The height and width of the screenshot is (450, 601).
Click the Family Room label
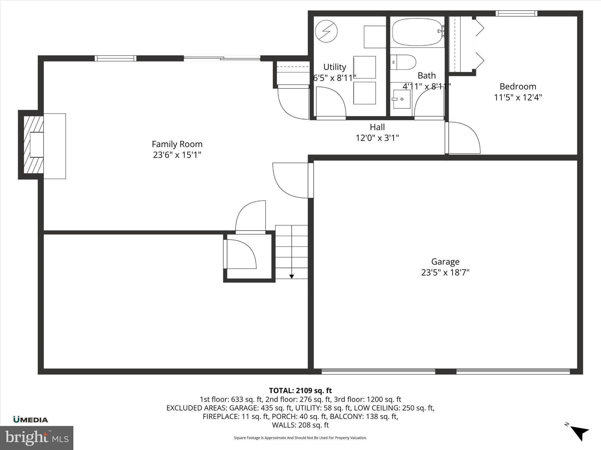177,144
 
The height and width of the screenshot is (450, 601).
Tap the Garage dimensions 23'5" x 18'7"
445,272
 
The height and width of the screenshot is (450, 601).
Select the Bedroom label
518,86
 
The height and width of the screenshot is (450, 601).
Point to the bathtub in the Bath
417,32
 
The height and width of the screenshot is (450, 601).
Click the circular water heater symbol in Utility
326,31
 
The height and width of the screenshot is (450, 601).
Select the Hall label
377,127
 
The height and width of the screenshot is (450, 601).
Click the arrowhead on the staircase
291,276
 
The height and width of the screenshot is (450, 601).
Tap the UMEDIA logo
31,420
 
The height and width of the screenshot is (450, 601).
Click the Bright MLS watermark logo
37,438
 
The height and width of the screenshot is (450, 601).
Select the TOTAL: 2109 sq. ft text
300,391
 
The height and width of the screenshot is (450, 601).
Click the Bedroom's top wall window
516,13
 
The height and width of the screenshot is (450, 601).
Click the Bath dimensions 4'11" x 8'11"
426,86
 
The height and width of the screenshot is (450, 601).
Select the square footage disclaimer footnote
300,438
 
